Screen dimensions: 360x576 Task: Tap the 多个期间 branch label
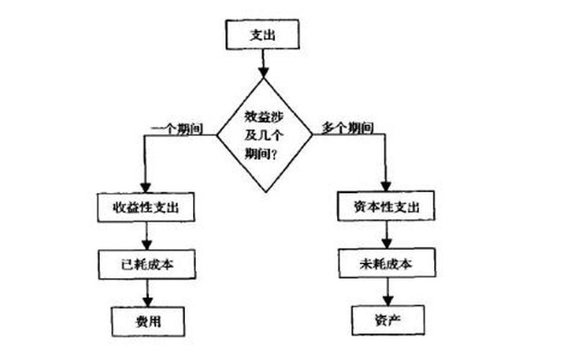346,128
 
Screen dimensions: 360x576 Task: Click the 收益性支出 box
146,207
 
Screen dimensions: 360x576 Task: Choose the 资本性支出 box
387,207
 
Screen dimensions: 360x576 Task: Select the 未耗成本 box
387,264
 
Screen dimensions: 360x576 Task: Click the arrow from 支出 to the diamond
264,63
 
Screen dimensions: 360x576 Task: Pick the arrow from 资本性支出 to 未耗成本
387,235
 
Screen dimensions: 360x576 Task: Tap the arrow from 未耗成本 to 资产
387,291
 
